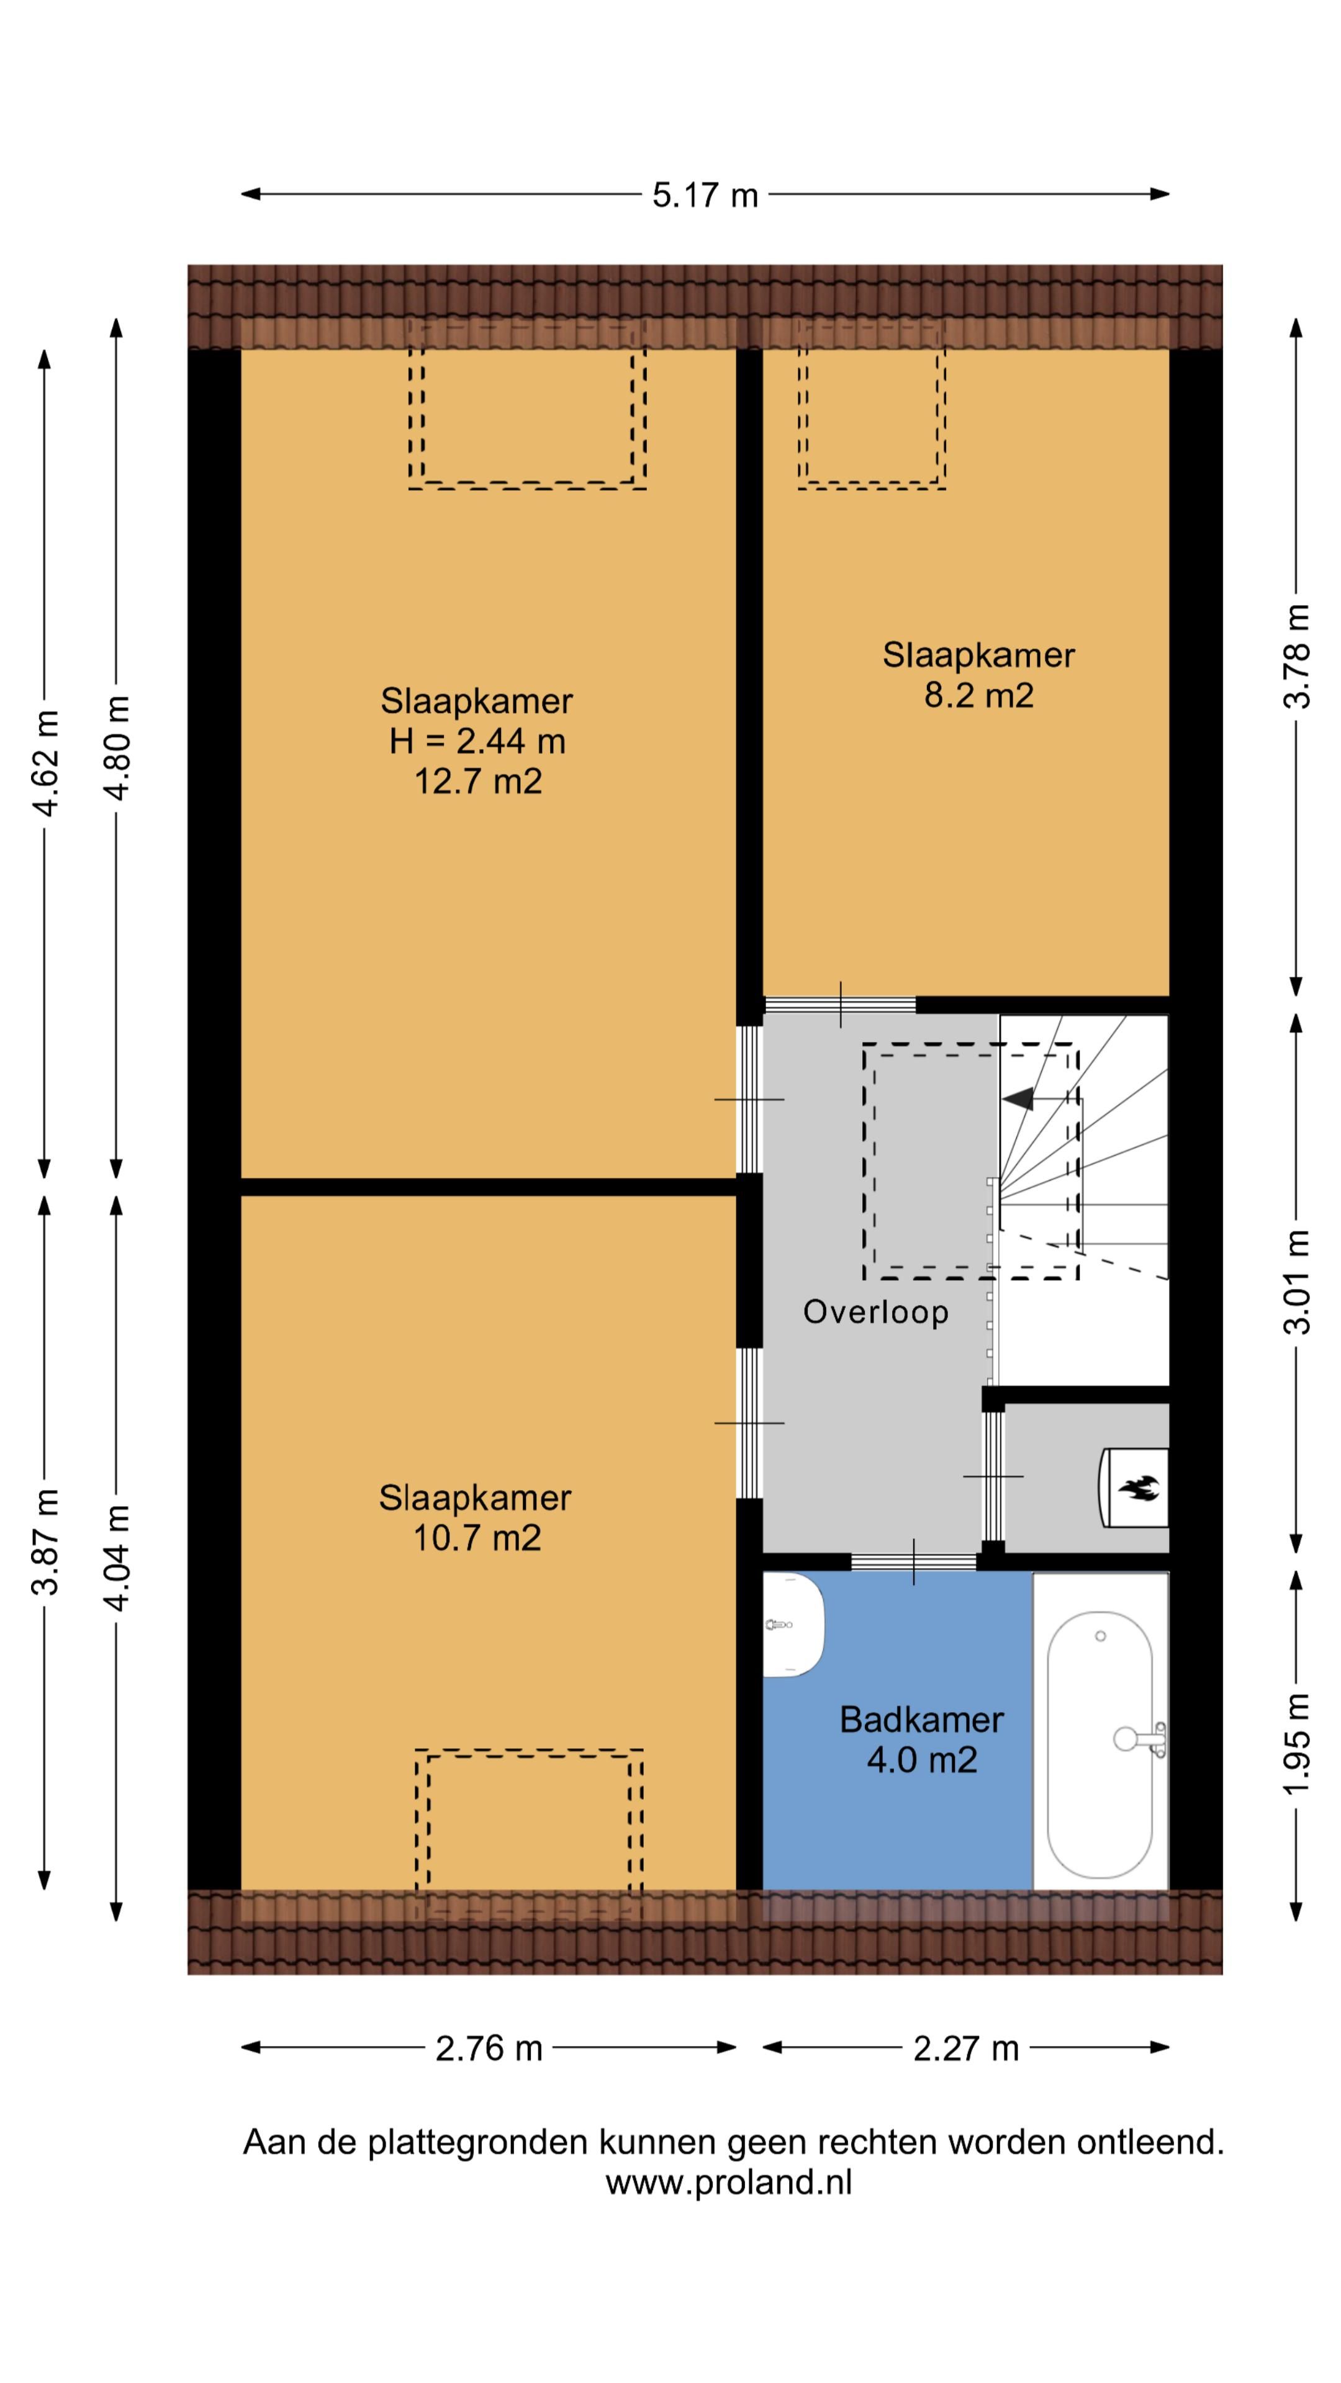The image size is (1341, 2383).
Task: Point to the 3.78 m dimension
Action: (x=1296, y=656)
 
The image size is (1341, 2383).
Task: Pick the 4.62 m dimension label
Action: (x=45, y=763)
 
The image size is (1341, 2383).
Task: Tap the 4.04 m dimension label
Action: (x=117, y=1558)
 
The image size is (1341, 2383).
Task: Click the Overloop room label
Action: (x=875, y=1312)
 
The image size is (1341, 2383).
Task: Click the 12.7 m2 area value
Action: (x=477, y=782)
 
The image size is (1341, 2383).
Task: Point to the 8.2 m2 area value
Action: (x=978, y=695)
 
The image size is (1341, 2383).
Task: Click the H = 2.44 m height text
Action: (x=477, y=741)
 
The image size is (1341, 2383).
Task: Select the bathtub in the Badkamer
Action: (x=1099, y=1744)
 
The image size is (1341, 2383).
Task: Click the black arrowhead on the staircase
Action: (x=1018, y=1099)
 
